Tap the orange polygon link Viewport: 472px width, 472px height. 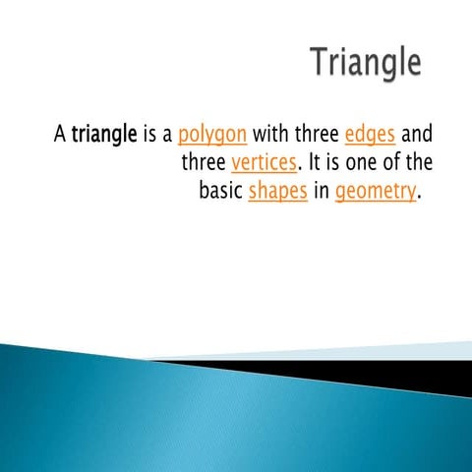(x=212, y=134)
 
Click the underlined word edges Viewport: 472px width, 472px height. (x=370, y=133)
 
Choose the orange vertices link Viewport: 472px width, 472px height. (x=263, y=162)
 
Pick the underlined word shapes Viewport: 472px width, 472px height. (x=278, y=192)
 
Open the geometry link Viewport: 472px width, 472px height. (x=376, y=192)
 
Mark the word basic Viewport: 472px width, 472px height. (x=220, y=191)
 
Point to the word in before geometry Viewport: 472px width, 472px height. (x=322, y=191)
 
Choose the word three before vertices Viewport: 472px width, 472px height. (x=204, y=162)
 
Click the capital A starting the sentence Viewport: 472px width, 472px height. (x=59, y=133)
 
